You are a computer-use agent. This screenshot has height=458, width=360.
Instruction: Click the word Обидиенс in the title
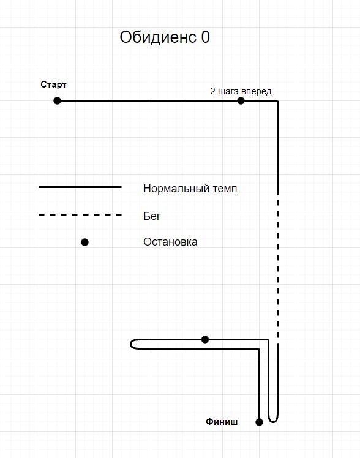158,37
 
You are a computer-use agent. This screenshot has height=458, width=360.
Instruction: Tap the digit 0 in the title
206,37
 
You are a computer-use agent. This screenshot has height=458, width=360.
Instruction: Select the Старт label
53,84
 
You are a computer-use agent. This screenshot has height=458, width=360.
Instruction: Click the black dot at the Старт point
57,101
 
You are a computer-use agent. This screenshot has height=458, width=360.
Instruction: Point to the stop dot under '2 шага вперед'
241,101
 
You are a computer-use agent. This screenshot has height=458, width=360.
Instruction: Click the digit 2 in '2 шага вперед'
212,91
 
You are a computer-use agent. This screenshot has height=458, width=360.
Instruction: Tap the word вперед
256,92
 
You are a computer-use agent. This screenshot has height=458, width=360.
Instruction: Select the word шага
228,92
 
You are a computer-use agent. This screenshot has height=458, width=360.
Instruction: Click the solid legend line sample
80,187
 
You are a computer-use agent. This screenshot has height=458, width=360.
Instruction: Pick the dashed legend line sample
80,215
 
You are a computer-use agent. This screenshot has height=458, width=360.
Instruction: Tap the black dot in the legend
84,242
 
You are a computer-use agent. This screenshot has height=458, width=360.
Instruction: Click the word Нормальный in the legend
176,189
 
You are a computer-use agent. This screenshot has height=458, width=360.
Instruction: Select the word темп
225,189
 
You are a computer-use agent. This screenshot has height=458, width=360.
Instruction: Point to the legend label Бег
152,216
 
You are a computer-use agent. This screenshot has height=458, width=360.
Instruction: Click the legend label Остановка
170,242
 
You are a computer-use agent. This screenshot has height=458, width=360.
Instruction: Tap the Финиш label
222,422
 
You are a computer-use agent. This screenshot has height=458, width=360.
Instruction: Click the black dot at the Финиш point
259,422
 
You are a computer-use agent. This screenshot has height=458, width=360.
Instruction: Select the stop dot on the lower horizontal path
205,339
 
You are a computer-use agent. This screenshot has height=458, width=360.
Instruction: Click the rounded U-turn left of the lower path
131,344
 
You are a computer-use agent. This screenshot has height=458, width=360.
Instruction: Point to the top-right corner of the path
277,101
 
